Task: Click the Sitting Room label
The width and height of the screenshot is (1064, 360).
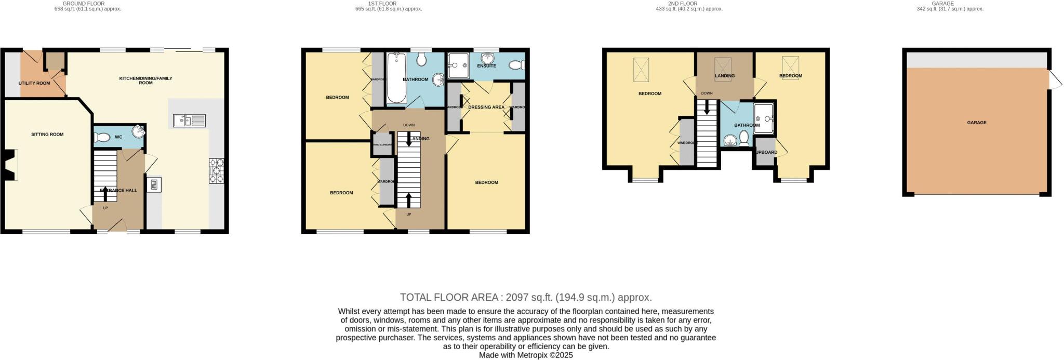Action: coord(47,135)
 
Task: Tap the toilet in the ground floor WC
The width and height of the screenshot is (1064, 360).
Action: coord(102,138)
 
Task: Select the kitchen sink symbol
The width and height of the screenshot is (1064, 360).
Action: coord(190,121)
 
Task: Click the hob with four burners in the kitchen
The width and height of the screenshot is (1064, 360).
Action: coord(216,171)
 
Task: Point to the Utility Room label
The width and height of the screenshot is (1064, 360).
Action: coord(34,83)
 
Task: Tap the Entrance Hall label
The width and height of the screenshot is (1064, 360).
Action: coord(118,191)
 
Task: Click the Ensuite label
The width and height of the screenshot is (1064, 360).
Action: coord(486,66)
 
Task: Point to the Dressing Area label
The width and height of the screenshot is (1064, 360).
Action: coord(486,108)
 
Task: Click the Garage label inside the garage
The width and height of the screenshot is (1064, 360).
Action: coord(977,123)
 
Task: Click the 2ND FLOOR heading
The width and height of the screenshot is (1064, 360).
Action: coord(683,4)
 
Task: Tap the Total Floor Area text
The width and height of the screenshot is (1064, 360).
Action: coord(525,298)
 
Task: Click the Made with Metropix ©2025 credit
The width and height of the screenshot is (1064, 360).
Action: coord(525,355)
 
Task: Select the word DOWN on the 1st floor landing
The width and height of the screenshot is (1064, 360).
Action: coord(409,125)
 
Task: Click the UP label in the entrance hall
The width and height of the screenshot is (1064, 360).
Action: coord(105,208)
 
